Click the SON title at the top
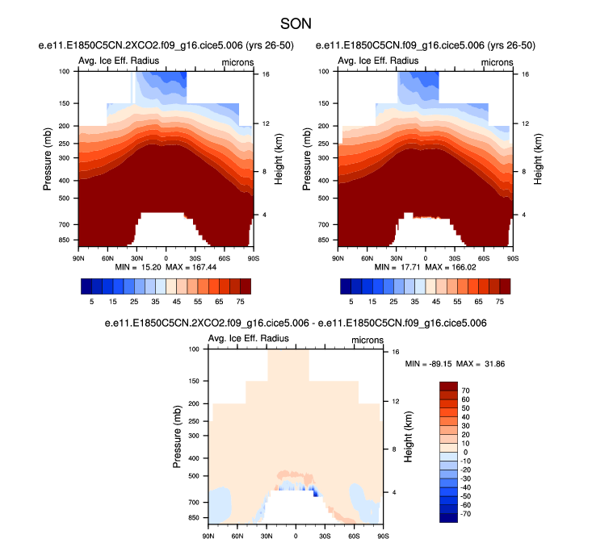point(296,25)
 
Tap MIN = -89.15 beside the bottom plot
point(428,364)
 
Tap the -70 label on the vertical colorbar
point(467,512)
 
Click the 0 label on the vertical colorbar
point(464,454)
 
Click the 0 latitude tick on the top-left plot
point(166,257)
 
